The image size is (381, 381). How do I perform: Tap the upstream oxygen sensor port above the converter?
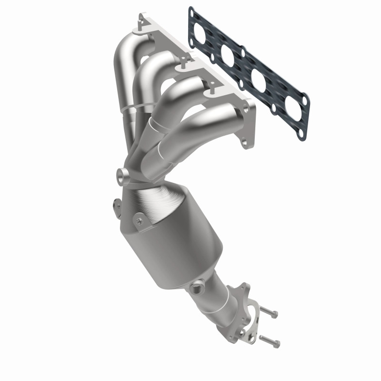[123, 175]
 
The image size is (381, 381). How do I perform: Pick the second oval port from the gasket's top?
[228, 55]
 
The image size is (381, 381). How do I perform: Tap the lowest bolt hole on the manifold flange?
[246, 141]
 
